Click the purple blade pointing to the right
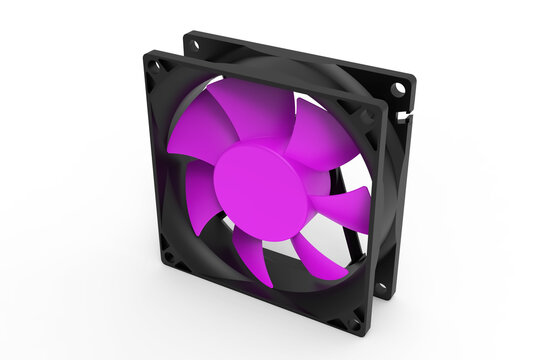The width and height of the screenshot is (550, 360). coord(341,205)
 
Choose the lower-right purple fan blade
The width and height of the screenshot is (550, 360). coord(316,255)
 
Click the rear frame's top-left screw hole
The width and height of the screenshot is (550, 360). coord(194,44)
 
